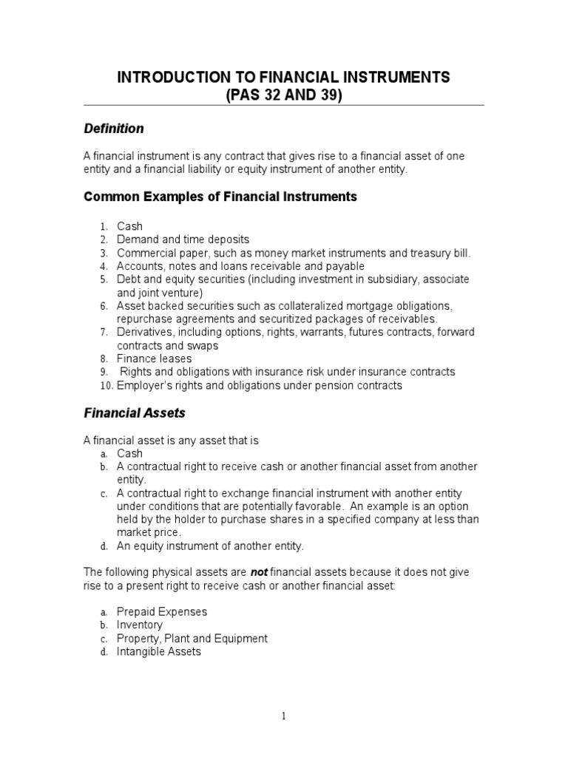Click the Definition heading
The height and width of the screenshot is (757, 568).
(113, 129)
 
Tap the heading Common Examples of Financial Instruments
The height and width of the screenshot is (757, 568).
(220, 197)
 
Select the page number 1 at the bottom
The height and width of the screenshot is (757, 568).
(283, 716)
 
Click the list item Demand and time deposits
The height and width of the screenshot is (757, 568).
(183, 240)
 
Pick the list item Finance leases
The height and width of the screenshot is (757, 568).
(154, 359)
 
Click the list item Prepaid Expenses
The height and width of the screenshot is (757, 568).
(162, 612)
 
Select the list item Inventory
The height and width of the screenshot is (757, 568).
(140, 625)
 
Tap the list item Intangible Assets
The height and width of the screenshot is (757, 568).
(159, 652)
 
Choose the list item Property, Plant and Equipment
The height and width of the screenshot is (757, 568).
(192, 639)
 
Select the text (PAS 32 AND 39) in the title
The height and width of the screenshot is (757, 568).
(283, 95)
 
